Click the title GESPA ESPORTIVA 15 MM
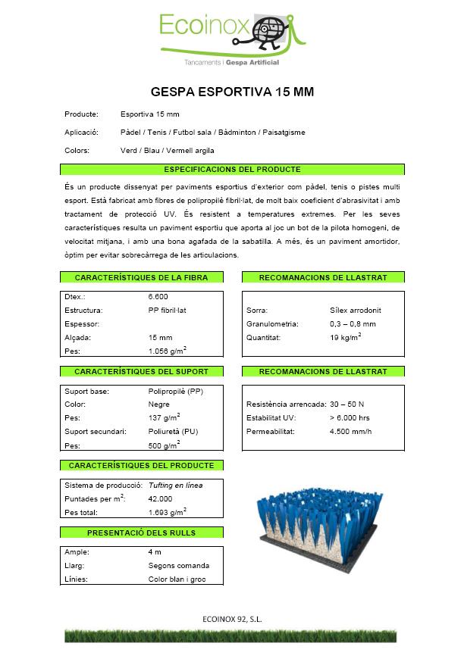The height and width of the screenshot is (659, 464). pos(232,92)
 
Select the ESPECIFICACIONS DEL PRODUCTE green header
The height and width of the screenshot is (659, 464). pos(232,170)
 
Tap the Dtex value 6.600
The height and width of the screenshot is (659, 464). pos(158,297)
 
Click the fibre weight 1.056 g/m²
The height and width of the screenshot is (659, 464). pos(168,351)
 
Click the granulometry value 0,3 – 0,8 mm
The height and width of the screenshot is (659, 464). pos(353,324)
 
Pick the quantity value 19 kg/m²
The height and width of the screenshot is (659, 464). pos(346,337)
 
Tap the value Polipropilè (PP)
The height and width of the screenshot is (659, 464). pos(175,392)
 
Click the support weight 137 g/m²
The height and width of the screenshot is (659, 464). pos(164,418)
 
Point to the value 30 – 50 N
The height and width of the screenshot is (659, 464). pos(346,404)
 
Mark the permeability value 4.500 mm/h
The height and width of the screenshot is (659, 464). pos(351,432)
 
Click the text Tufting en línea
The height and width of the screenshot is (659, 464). pos(175,486)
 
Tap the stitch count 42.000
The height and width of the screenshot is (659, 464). pos(161,499)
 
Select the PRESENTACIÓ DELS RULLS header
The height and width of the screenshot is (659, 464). pos(141,533)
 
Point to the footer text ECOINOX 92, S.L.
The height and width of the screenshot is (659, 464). pos(232,620)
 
